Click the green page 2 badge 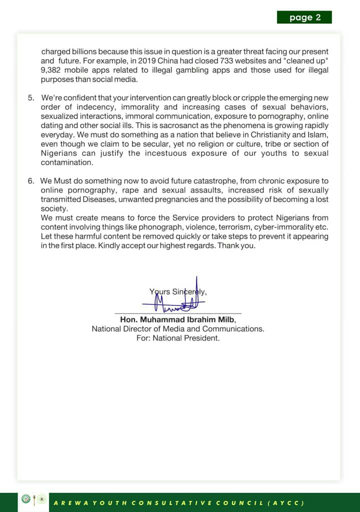coord(304,17)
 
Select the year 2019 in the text coord(161,60)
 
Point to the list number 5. coord(31,98)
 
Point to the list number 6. coord(31,180)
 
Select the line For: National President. coord(178,338)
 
